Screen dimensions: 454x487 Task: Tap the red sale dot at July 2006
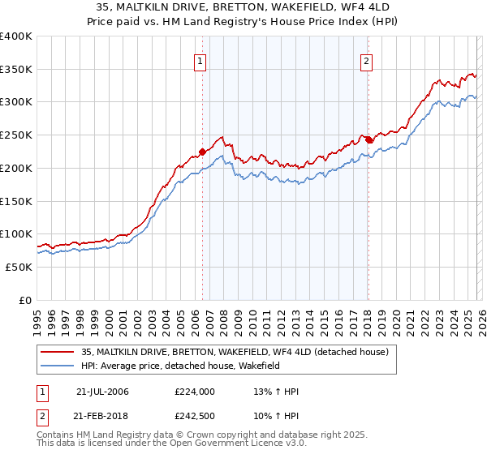[202, 151]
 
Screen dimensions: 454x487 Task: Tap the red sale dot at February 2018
[368, 139]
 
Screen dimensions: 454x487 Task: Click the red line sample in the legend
[58, 353]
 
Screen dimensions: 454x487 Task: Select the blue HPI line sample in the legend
[58, 366]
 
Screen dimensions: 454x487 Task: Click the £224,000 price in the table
[194, 392]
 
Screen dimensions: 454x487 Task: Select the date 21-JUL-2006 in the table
[102, 392]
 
